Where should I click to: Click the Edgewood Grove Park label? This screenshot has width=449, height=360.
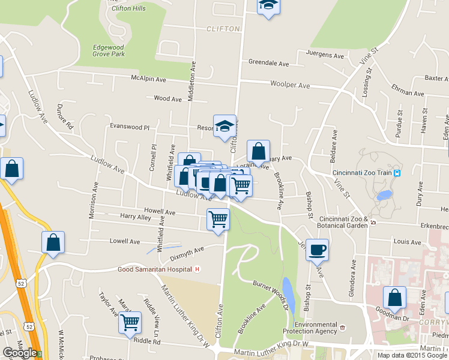point(109,50)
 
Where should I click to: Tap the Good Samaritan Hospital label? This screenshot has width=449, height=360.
point(154,270)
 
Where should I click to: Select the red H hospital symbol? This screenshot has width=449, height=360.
point(197,270)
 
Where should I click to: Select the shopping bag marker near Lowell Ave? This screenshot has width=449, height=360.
point(53,242)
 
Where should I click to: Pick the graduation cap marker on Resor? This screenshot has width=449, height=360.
point(224,126)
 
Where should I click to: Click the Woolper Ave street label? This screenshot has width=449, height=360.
point(290,86)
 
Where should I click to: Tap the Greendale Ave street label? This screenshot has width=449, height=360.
point(269,63)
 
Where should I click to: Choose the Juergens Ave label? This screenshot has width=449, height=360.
point(325,55)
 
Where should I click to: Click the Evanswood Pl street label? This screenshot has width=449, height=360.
point(128,127)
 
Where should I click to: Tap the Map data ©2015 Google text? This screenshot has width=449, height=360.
point(411,355)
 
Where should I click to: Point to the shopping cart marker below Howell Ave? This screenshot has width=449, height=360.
point(218,219)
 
